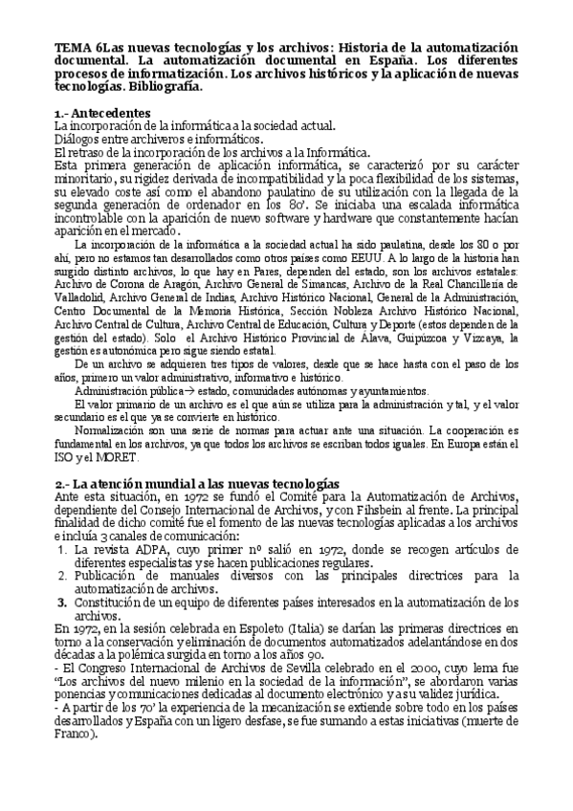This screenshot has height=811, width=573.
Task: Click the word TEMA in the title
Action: pos(71,47)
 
